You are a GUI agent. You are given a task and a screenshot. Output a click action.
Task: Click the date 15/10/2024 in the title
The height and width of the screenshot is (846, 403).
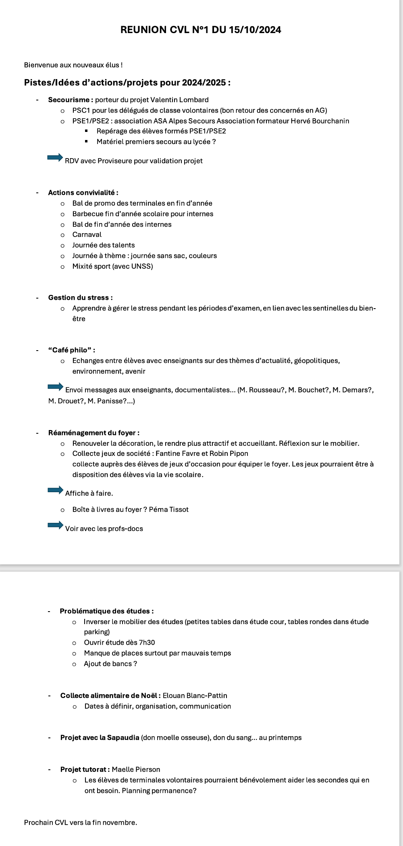pos(255,30)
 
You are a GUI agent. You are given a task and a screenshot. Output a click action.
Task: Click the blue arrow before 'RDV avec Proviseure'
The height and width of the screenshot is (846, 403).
pos(55,157)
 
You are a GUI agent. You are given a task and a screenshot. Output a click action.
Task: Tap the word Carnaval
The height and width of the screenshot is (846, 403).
pos(87,234)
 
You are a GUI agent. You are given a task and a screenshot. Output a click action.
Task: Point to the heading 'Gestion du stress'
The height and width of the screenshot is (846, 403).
pos(79,298)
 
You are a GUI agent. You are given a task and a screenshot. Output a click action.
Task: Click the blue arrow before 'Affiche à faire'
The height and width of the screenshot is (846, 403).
pos(56,490)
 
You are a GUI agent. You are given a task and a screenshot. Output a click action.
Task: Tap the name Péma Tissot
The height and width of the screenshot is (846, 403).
pos(168,510)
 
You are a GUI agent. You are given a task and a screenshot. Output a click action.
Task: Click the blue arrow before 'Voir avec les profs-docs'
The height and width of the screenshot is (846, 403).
pos(56,525)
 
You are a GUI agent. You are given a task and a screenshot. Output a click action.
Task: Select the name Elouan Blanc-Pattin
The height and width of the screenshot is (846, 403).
pos(195,696)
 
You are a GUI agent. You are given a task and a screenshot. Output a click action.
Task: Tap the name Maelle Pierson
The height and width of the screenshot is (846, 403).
pos(136,769)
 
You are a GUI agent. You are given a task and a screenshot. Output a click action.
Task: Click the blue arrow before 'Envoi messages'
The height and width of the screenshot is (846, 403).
pos(56,387)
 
